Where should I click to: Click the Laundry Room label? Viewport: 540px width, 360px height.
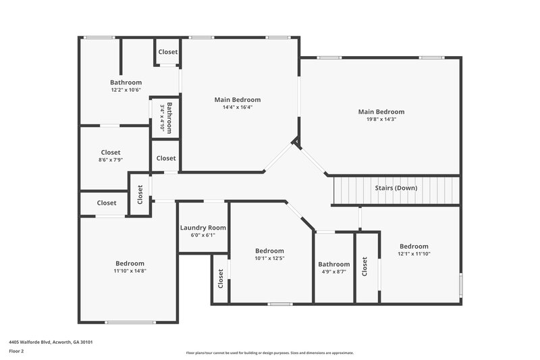pyautogui.click(x=203, y=228)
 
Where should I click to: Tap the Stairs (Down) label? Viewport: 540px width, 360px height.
pyautogui.click(x=396, y=188)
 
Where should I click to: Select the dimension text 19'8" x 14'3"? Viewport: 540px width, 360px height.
pyautogui.click(x=381, y=120)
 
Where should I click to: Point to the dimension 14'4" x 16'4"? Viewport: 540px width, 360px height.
pyautogui.click(x=237, y=107)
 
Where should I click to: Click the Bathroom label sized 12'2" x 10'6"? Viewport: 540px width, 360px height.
pyautogui.click(x=126, y=82)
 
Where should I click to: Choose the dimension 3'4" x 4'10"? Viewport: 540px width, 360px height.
pyautogui.click(x=163, y=118)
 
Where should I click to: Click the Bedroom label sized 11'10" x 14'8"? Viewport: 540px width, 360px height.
pyautogui.click(x=130, y=263)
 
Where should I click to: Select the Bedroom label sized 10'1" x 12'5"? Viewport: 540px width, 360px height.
pyautogui.click(x=269, y=251)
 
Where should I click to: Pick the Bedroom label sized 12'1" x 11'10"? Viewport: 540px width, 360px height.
pyautogui.click(x=414, y=247)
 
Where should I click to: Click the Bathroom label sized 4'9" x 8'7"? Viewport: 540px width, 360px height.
pyautogui.click(x=334, y=264)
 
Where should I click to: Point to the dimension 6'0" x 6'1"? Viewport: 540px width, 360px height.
pyautogui.click(x=203, y=236)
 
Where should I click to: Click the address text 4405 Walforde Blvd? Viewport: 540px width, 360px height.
pyautogui.click(x=51, y=342)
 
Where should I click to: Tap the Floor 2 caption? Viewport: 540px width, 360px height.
pyautogui.click(x=17, y=352)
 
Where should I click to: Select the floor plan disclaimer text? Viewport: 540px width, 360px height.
pyautogui.click(x=269, y=353)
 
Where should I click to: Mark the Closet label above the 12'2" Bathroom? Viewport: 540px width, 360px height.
pyautogui.click(x=168, y=52)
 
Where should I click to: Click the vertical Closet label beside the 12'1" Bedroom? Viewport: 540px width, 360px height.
pyautogui.click(x=365, y=267)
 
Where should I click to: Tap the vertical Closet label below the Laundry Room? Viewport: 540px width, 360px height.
pyautogui.click(x=221, y=278)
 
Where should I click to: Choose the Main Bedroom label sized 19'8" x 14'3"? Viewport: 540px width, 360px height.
pyautogui.click(x=381, y=111)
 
